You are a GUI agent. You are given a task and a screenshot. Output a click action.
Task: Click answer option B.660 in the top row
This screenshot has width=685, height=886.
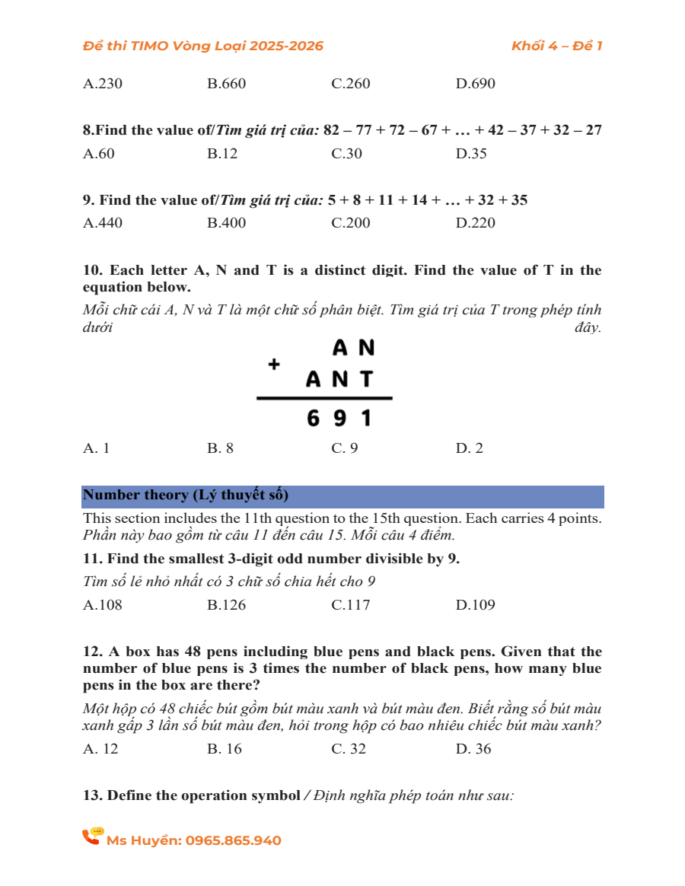[226, 84]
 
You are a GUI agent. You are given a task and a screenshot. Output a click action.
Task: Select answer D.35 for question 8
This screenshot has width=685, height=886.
[471, 154]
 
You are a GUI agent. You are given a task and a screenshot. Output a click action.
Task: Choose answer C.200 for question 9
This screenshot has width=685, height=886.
[351, 223]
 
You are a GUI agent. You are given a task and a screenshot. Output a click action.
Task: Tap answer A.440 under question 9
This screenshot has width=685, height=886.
[103, 223]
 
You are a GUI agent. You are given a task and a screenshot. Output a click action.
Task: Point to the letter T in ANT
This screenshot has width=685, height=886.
[367, 379]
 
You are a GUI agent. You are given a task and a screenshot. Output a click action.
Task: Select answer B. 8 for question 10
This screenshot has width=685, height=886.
[221, 448]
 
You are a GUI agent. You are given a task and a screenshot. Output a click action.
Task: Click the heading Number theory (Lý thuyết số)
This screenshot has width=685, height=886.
[186, 496]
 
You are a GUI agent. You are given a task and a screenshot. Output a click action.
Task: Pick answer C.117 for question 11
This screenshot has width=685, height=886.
[351, 605]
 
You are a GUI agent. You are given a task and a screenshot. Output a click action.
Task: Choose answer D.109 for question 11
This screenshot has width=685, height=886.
[476, 605]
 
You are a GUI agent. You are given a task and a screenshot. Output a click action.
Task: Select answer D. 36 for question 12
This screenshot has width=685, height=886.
[473, 749]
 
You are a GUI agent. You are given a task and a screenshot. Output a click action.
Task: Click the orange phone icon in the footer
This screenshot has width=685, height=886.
[93, 837]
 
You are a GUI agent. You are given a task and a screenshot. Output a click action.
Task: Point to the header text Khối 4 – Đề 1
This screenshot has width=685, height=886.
[556, 46]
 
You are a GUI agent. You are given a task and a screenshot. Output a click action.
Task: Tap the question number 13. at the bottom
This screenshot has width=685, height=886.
[93, 795]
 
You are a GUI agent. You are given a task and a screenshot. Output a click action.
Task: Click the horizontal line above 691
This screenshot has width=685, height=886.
[325, 398]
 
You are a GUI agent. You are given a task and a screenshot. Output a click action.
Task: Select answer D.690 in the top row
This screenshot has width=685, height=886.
[476, 84]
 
